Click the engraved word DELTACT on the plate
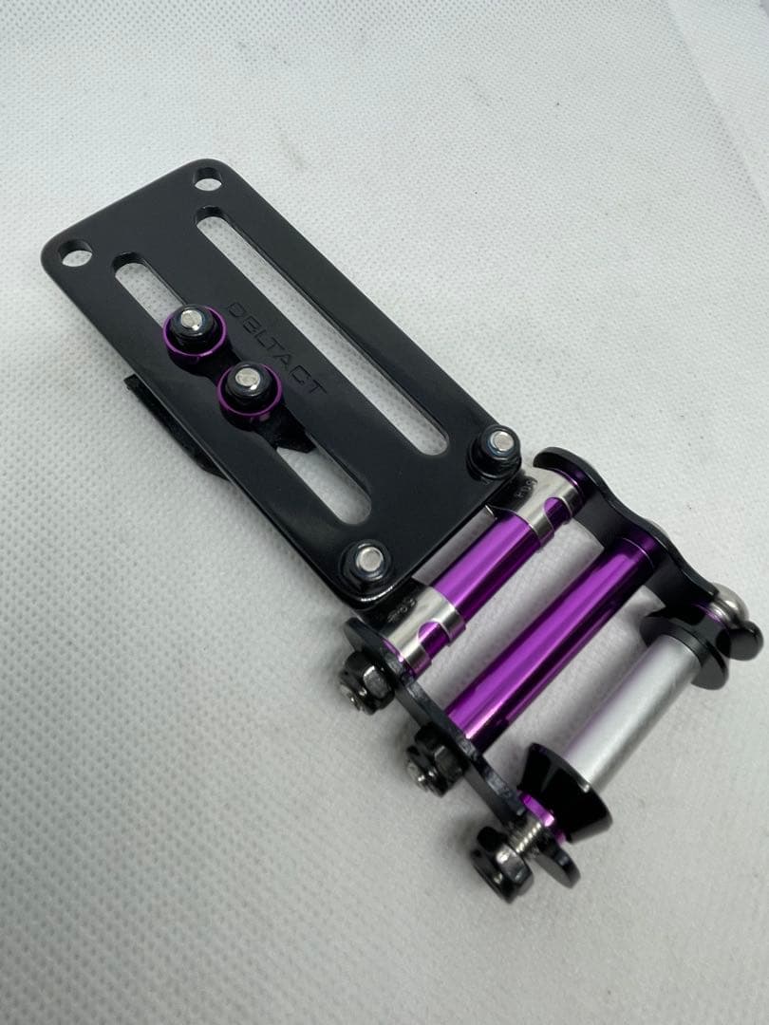click(276, 347)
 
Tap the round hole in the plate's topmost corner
click(208, 177)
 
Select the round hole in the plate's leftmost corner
click(76, 253)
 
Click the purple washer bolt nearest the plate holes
click(194, 329)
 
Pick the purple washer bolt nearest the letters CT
click(250, 392)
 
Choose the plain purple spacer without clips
click(551, 642)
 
